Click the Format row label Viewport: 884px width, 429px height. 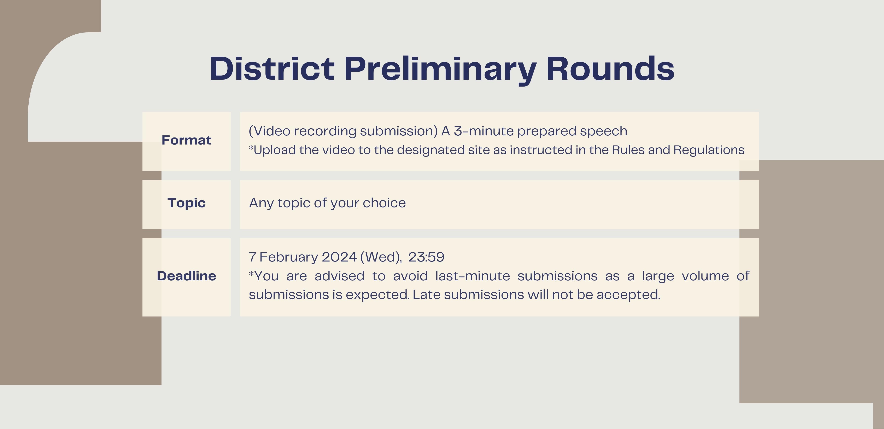pyautogui.click(x=186, y=140)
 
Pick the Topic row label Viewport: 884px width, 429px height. pyautogui.click(x=186, y=203)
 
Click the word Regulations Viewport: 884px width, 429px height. pyautogui.click(x=709, y=150)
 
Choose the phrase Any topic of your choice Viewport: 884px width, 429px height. pyautogui.click(x=327, y=203)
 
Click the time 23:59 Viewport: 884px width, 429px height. pyautogui.click(x=426, y=257)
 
